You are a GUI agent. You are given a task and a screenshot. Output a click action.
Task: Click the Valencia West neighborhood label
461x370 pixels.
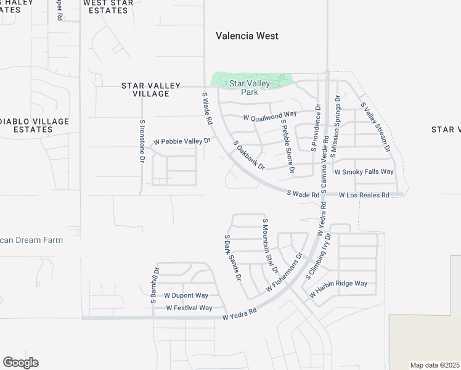(x=247, y=36)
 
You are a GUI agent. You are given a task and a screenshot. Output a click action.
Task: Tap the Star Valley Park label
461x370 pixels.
(x=251, y=87)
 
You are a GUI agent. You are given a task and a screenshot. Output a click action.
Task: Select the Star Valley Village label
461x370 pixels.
(x=151, y=89)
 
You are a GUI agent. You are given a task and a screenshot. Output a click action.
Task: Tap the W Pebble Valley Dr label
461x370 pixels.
(x=182, y=141)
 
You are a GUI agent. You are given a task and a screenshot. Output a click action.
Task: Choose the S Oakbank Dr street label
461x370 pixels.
(x=249, y=155)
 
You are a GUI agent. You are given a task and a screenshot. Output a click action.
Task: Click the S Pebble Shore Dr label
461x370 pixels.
(x=288, y=146)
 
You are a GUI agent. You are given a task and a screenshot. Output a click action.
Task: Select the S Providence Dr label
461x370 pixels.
(x=316, y=128)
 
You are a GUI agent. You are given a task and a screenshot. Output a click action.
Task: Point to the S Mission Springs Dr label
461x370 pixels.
(x=335, y=126)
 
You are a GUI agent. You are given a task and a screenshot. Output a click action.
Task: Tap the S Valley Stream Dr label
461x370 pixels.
(x=375, y=127)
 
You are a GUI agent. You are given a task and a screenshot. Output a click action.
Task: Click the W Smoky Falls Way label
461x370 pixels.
(x=364, y=171)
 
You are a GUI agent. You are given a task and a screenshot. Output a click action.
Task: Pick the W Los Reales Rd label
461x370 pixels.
(x=364, y=195)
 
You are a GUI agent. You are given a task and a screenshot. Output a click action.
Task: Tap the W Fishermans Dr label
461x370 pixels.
(x=284, y=272)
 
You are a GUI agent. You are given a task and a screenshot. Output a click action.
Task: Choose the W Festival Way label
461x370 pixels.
(x=189, y=308)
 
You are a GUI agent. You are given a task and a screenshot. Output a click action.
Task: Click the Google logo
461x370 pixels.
(x=20, y=363)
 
